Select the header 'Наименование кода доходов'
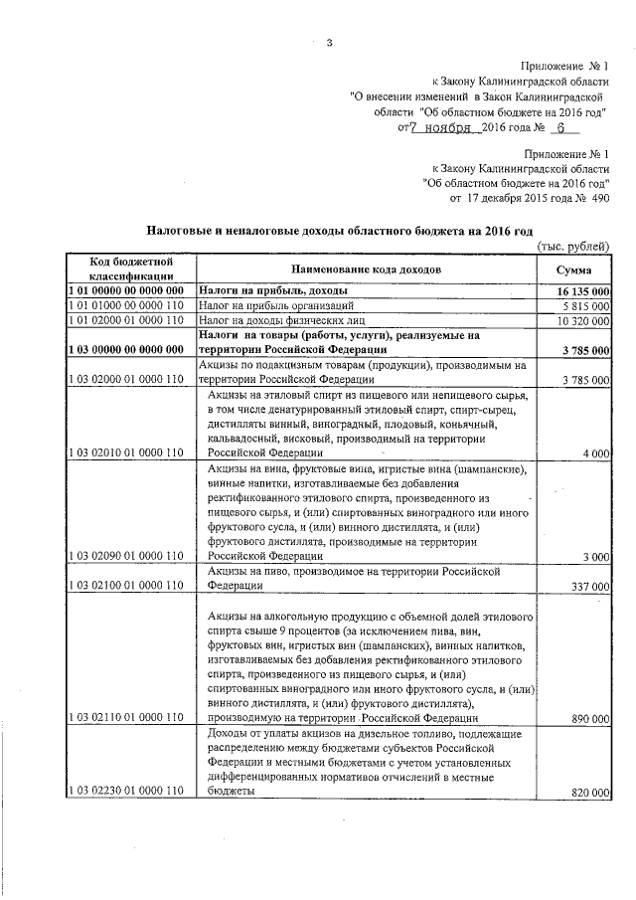[366, 270]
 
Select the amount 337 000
[591, 587]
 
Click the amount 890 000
[591, 717]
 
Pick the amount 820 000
[591, 791]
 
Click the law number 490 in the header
[599, 198]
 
